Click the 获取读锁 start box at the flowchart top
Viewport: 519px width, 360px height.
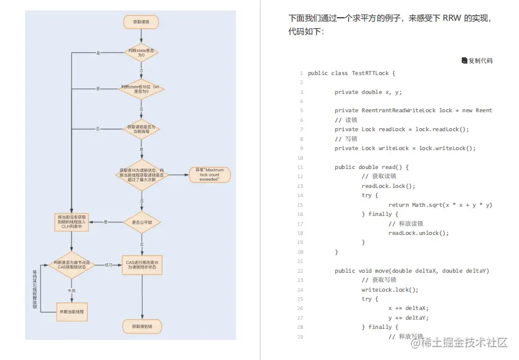point(141,22)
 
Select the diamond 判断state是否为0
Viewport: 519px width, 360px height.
point(141,53)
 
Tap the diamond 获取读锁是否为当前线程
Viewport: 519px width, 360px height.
point(141,129)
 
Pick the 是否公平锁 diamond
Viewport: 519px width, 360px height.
point(141,223)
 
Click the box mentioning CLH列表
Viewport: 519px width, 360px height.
point(72,221)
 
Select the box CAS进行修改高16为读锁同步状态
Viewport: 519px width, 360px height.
point(141,264)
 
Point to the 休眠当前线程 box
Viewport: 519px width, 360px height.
point(72,311)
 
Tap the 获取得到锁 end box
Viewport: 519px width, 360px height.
point(141,326)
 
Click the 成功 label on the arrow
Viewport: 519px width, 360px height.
point(109,265)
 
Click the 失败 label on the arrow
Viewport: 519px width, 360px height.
point(72,290)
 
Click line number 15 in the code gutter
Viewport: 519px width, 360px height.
point(301,205)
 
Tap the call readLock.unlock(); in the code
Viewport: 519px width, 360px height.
point(418,233)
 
